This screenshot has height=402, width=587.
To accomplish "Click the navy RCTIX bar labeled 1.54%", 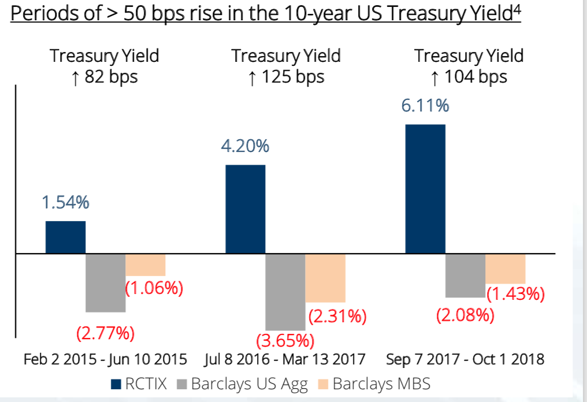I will (66, 237).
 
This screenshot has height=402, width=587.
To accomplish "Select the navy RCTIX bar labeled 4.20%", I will (246, 209).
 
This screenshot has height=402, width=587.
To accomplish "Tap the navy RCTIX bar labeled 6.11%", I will (426, 189).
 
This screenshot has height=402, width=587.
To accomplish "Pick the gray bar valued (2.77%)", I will (106, 283).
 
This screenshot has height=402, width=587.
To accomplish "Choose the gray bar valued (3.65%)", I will (285, 292).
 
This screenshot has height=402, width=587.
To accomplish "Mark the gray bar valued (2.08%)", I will (466, 276).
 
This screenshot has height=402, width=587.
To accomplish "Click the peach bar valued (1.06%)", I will (146, 265).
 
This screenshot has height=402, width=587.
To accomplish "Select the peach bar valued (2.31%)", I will (325, 278).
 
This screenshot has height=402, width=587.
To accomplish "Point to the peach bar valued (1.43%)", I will (506, 269).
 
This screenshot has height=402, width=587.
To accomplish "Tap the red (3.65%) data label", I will (285, 340).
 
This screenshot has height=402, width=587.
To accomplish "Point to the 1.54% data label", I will (65, 202).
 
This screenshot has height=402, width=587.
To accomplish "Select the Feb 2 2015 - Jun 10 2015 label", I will (105, 359).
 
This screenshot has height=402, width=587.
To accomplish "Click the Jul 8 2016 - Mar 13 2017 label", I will (285, 359).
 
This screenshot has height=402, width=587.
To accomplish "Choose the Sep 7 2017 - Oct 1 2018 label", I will (466, 359).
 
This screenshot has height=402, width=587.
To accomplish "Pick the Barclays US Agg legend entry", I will (248, 383).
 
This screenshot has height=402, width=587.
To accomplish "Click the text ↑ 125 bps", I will (286, 77).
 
